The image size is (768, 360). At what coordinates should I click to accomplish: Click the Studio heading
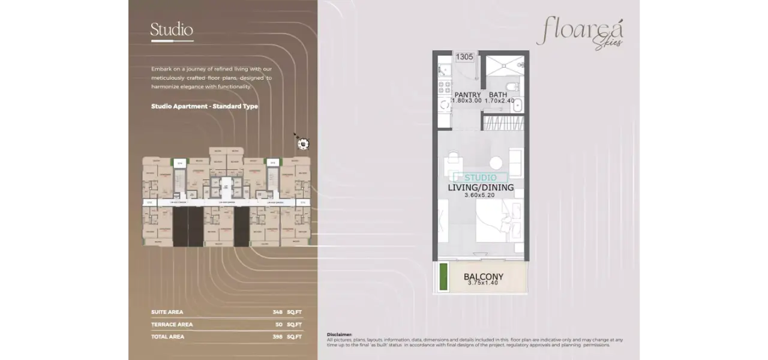(172, 29)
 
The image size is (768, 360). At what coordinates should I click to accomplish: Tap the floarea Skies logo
(580, 32)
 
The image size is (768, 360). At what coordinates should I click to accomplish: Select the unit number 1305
(464, 58)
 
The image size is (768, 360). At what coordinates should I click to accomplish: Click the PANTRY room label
(467, 95)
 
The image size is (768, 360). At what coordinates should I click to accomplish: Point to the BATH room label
(498, 95)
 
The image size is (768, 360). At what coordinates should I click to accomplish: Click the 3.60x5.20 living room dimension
(480, 195)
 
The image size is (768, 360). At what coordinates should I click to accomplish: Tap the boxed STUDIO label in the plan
(480, 178)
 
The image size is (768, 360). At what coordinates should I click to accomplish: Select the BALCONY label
(483, 277)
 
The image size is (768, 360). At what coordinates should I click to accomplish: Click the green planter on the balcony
(443, 276)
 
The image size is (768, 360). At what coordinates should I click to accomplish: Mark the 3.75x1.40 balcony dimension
(483, 283)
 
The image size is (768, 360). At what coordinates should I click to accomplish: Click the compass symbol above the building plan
(303, 143)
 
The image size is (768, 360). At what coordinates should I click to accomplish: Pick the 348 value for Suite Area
(277, 312)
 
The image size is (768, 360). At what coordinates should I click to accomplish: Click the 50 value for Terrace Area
(278, 325)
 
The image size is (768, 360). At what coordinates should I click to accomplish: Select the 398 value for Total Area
(277, 337)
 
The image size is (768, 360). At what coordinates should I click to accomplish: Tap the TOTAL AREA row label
(168, 337)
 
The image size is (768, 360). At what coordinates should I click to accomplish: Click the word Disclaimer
(340, 334)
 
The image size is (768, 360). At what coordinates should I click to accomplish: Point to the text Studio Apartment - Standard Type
(205, 106)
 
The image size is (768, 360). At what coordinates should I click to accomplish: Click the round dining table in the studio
(496, 163)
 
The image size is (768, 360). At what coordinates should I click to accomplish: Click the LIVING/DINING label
(481, 187)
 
